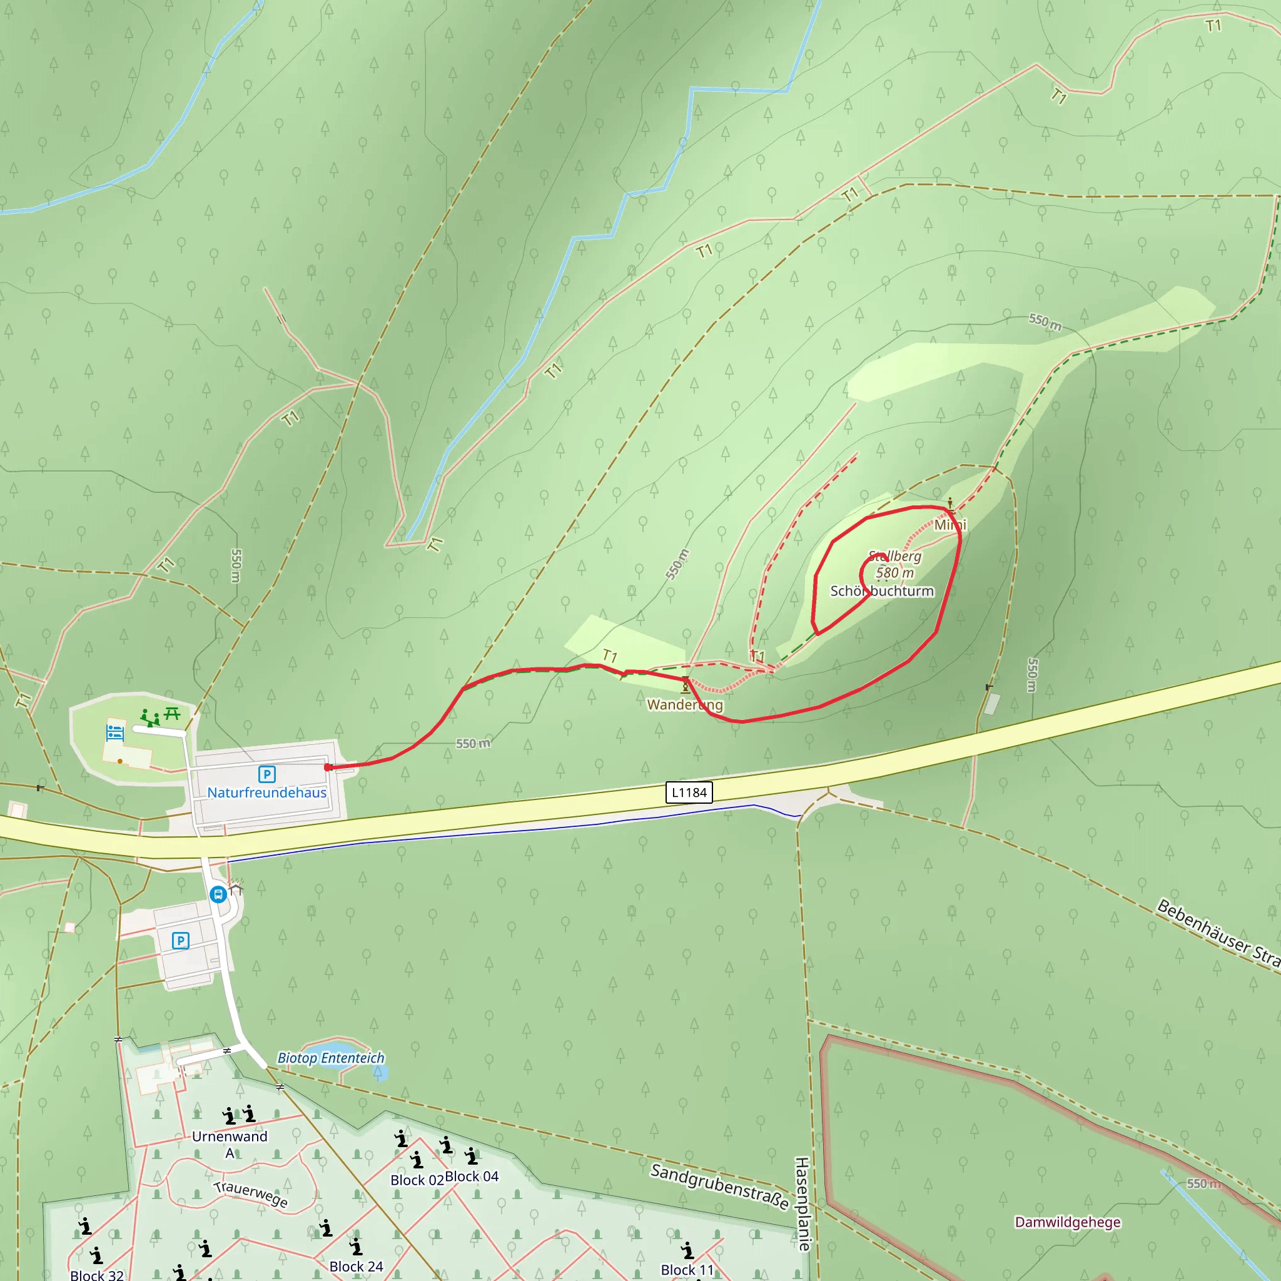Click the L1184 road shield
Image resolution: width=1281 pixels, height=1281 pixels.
689,792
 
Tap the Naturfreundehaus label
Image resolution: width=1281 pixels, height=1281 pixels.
266,792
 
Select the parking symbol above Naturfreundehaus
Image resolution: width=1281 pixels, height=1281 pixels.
266,774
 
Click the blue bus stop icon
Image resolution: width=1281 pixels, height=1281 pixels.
218,894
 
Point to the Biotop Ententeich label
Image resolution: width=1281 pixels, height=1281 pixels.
331,1058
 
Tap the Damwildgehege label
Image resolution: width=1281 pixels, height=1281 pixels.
1068,1222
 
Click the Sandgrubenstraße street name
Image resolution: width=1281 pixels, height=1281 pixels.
719,1186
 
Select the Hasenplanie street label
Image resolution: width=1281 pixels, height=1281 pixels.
803,1203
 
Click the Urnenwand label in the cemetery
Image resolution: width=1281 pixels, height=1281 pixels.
230,1137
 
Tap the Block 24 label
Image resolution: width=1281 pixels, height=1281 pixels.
356,1267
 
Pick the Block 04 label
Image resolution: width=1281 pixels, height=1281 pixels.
472,1177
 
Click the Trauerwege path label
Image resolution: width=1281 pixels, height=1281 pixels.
251,1194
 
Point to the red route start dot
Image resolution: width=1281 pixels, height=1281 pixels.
328,767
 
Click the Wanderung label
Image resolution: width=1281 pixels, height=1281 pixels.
685,705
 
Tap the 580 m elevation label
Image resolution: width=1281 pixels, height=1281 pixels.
894,573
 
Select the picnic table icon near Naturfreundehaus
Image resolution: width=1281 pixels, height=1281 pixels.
173,714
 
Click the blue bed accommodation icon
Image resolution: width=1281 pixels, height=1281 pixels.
115,732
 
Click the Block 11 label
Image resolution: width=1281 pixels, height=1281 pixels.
687,1270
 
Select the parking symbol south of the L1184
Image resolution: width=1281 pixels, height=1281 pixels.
180,940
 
